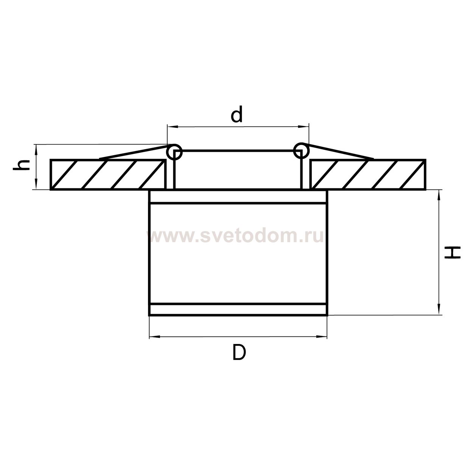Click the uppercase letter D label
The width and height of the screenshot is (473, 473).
(239, 353)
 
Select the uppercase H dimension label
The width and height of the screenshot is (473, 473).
(453, 252)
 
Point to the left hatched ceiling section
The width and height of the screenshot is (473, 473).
(108, 174)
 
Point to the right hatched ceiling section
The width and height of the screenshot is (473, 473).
(368, 174)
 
